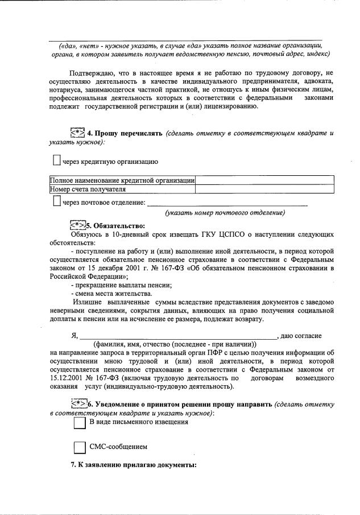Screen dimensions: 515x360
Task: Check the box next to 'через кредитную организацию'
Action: (56, 161)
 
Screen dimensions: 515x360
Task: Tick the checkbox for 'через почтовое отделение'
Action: (56, 201)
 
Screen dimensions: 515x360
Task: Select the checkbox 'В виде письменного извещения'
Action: (80, 423)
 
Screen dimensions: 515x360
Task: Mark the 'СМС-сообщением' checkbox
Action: (80, 447)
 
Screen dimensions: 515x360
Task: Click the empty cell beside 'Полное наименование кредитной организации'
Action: (264, 180)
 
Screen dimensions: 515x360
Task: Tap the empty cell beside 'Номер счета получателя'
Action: (264, 189)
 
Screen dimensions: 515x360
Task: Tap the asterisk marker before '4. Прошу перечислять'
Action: (77, 133)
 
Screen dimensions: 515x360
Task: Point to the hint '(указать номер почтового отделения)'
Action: (225, 213)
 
